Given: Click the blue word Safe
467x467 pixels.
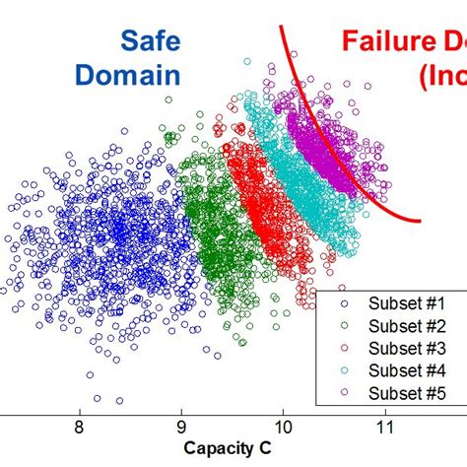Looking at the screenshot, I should [x=150, y=40].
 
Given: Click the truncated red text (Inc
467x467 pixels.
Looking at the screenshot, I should [x=441, y=75].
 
